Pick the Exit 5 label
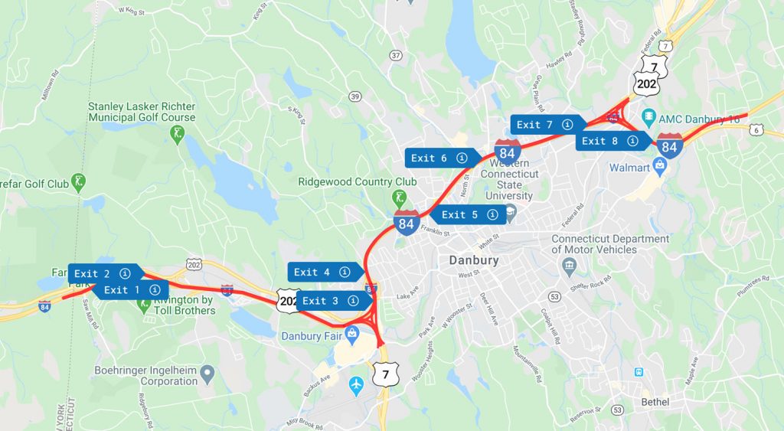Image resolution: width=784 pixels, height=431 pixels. click(468, 214)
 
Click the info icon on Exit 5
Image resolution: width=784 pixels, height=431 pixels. click(492, 214)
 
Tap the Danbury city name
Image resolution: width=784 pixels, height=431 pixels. click(473, 260)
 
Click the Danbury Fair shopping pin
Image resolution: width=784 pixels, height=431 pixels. click(351, 333)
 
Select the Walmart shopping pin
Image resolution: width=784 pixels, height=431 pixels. click(658, 165)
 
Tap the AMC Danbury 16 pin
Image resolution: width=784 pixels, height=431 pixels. click(648, 118)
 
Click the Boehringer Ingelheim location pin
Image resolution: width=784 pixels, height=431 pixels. click(207, 375)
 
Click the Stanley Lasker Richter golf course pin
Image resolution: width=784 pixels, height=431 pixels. click(178, 135)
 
